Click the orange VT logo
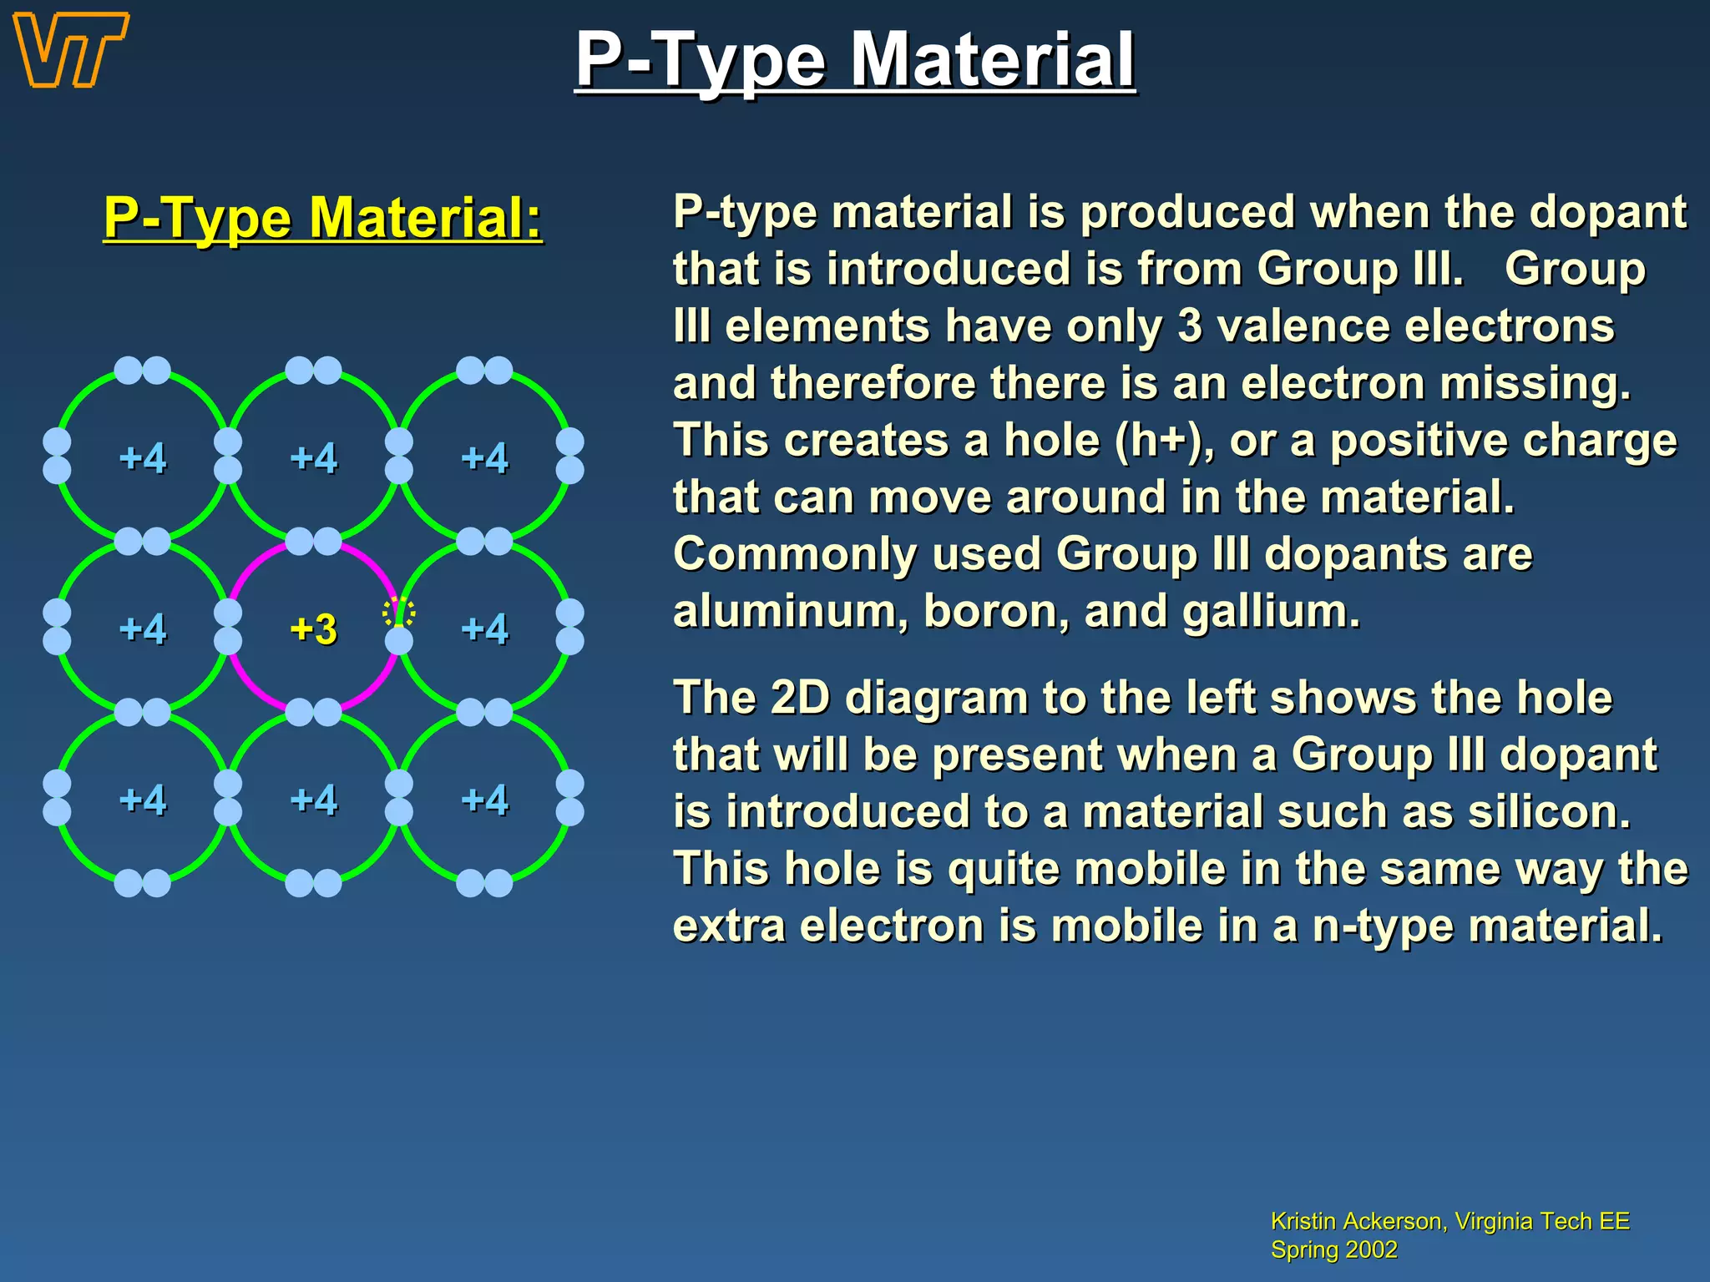click(71, 50)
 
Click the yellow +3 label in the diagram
click(313, 629)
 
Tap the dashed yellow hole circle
click(399, 612)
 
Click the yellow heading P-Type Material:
click(322, 218)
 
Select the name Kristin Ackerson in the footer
click(1357, 1221)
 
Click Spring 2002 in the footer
click(1333, 1249)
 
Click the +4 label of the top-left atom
click(143, 458)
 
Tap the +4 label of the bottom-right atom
click(485, 800)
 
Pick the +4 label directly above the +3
click(313, 458)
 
